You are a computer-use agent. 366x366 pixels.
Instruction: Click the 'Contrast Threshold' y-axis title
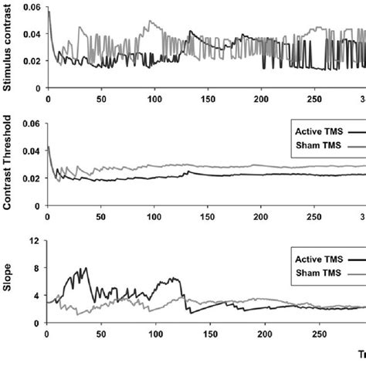(7, 164)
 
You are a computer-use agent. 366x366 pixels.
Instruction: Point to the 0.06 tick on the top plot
(31, 7)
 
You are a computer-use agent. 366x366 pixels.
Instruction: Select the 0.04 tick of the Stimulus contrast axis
(31, 34)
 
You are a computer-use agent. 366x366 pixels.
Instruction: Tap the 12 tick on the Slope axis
(34, 241)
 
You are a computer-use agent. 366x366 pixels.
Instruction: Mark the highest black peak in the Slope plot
(86, 268)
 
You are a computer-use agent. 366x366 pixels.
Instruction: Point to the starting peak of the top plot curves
(48, 11)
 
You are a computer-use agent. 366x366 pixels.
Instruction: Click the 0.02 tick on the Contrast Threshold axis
(31, 178)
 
